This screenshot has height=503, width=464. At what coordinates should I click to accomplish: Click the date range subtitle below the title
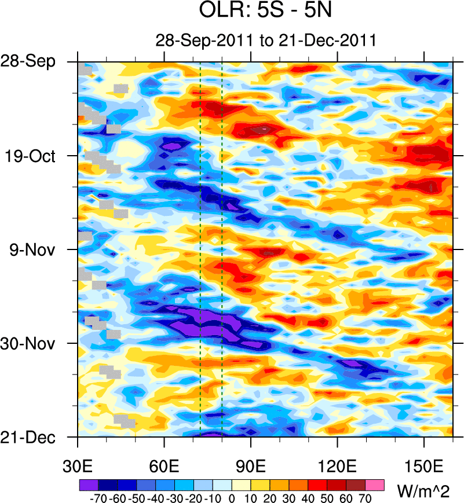(266, 41)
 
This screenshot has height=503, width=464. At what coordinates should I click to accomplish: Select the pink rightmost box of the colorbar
(375, 484)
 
